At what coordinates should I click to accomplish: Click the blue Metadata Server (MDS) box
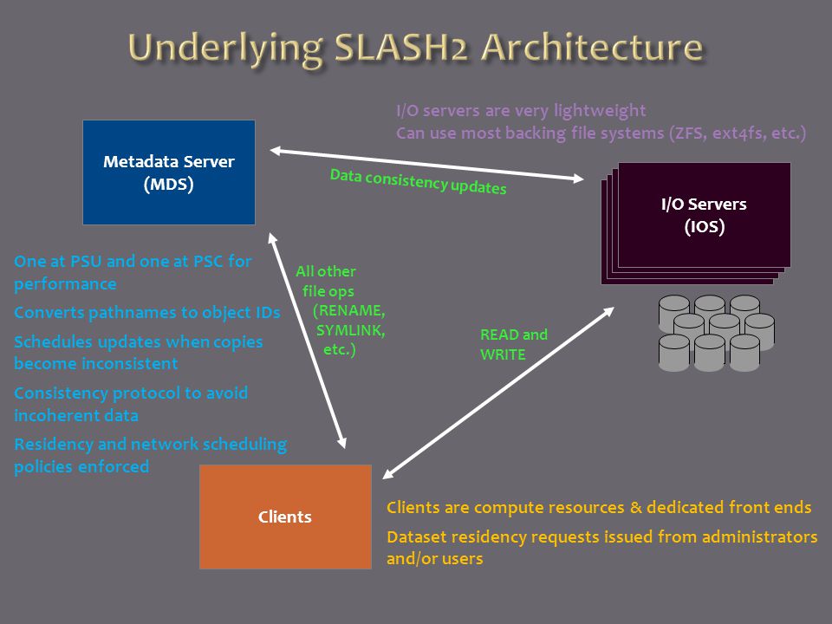coord(169,172)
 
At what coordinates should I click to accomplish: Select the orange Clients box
coord(285,517)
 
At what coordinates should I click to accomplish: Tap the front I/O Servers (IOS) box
coord(704,215)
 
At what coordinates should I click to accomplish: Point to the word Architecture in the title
coord(592,47)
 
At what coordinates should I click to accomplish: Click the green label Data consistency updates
coord(418,181)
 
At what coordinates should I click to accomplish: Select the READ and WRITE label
coord(514,344)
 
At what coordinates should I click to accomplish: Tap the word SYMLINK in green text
coord(351,330)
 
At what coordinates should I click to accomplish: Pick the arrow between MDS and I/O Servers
coord(427,165)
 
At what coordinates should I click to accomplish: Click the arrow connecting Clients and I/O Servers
coord(498,393)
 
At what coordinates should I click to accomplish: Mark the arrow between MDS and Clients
coord(307,341)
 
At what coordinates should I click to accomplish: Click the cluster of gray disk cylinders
coord(717,333)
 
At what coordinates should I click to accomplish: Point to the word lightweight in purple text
coord(600,110)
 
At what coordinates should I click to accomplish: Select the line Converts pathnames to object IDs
coord(147,313)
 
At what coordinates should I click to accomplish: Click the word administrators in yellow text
coord(760,536)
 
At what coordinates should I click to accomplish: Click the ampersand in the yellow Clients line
coord(635,507)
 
